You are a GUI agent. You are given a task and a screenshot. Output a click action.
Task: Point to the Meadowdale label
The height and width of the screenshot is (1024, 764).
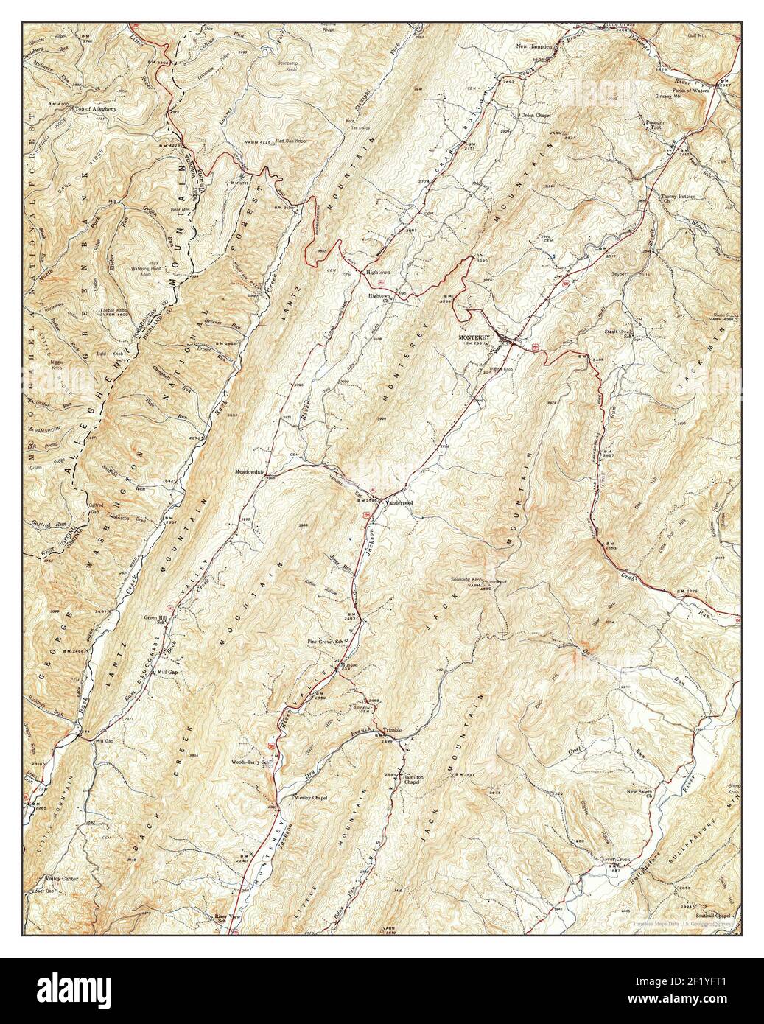pos(249,471)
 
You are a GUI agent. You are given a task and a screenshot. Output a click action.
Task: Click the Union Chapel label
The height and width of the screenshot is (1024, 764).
pos(536,116)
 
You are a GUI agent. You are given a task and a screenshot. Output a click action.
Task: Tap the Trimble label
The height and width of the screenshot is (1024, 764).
pos(390,729)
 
